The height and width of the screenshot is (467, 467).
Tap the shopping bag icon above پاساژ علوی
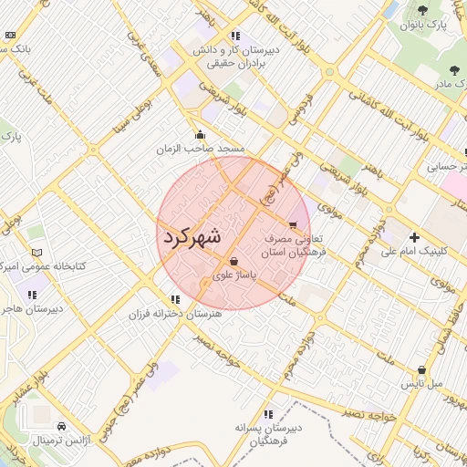tap(234, 261)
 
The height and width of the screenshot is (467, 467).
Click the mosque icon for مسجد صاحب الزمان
tap(201, 135)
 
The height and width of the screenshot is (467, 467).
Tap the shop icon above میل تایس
tap(421, 370)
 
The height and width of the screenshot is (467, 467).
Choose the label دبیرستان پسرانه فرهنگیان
tap(267, 433)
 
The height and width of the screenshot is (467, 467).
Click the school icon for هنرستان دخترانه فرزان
tap(175, 299)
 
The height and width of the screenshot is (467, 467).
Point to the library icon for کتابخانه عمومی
tap(36, 253)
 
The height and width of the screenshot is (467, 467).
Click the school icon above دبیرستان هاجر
tap(33, 295)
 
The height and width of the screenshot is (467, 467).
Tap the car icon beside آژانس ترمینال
tap(61, 427)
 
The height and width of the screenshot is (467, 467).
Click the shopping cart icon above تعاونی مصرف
tap(292, 224)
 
